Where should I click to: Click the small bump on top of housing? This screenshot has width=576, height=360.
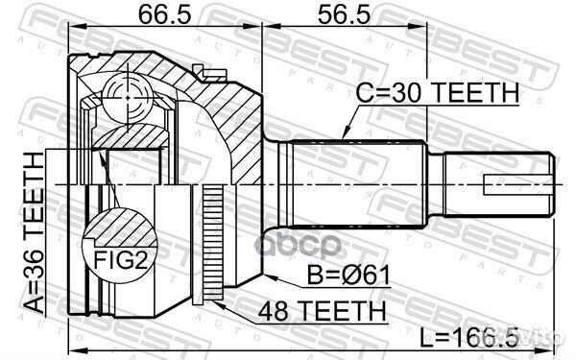coord(199,69)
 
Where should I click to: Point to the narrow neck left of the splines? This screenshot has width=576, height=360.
coord(279,183)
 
